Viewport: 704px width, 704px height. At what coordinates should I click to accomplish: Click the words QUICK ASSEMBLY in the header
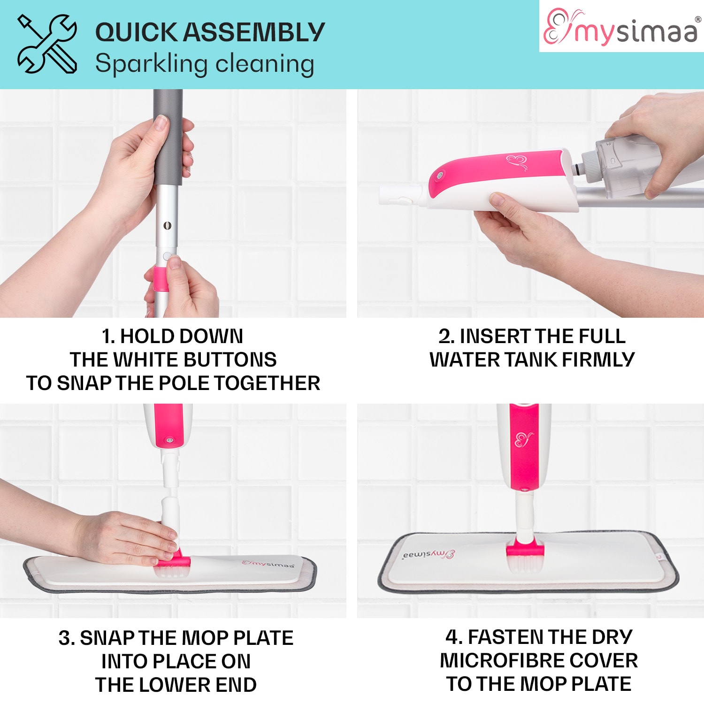210,32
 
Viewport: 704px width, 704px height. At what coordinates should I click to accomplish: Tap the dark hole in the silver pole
167,226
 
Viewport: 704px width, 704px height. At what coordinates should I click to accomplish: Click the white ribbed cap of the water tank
591,166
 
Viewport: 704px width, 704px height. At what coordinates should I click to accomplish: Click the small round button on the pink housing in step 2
440,176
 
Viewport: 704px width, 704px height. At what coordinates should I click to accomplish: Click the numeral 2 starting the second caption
444,337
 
